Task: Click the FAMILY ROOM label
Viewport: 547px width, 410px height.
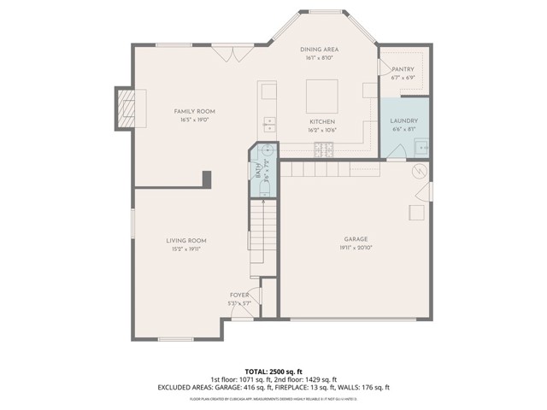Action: coord(194,112)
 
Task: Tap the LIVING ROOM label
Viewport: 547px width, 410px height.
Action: coord(186,241)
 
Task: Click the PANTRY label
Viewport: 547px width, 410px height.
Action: coord(403,69)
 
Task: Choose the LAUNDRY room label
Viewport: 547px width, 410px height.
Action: coord(404,121)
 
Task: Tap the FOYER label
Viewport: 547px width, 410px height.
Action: coord(238,295)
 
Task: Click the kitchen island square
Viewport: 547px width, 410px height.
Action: coord(321,92)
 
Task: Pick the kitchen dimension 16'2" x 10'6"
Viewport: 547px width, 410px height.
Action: coord(322,131)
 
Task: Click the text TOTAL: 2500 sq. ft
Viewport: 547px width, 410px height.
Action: coord(273,372)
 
